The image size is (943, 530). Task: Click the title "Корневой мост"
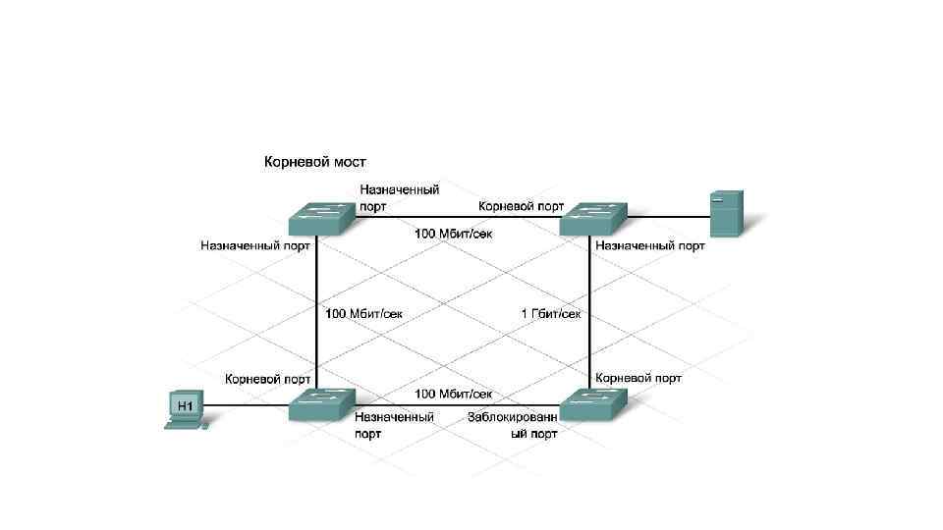pyautogui.click(x=314, y=161)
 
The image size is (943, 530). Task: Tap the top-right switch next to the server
pyautogui.click(x=592, y=219)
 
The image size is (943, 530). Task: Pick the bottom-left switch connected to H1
pyautogui.click(x=320, y=403)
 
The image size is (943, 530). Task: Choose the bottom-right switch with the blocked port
pyautogui.click(x=591, y=403)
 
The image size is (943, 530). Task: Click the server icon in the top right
pyautogui.click(x=726, y=214)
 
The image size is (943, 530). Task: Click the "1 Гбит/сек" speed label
pyautogui.click(x=551, y=314)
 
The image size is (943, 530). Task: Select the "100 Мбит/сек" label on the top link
pyautogui.click(x=453, y=234)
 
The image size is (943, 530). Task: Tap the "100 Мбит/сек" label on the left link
pyautogui.click(x=363, y=314)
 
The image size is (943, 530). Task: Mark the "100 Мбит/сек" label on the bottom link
pyautogui.click(x=453, y=394)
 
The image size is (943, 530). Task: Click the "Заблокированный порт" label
pyautogui.click(x=513, y=425)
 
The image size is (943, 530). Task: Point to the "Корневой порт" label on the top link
pyautogui.click(x=521, y=206)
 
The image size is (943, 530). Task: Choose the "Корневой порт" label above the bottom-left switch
pyautogui.click(x=268, y=378)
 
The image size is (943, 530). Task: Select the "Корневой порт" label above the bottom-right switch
pyautogui.click(x=638, y=378)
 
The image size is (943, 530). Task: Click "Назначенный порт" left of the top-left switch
pyautogui.click(x=255, y=245)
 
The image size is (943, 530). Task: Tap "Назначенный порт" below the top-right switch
pyautogui.click(x=650, y=245)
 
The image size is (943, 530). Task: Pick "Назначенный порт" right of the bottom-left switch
pyautogui.click(x=394, y=424)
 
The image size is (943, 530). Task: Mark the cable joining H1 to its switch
pyautogui.click(x=250, y=404)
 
